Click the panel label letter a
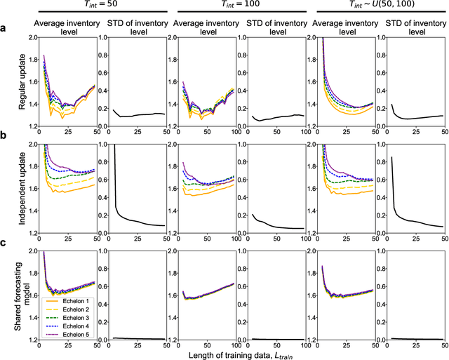[4, 29]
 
